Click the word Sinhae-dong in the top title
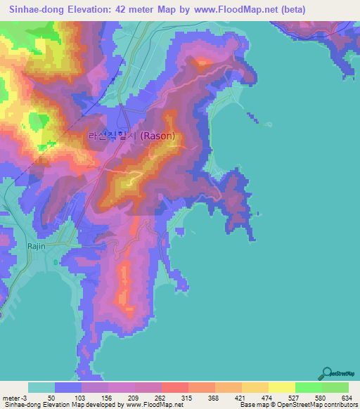pyautogui.click(x=34, y=10)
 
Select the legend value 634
pyautogui.click(x=347, y=398)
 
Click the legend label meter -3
pyautogui.click(x=15, y=398)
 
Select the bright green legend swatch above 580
pyautogui.click(x=309, y=387)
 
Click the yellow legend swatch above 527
pyautogui.click(x=282, y=387)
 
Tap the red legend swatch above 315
pyautogui.click(x=175, y=387)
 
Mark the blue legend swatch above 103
pyautogui.click(x=68, y=387)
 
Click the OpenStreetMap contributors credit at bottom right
pyautogui.click(x=320, y=405)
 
